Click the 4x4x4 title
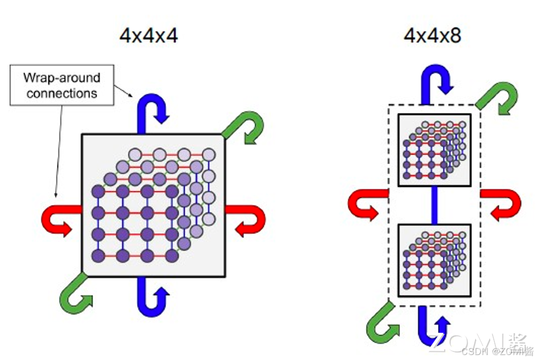click(149, 35)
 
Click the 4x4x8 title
click(433, 35)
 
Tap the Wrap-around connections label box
click(61, 85)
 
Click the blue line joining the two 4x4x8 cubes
click(434, 205)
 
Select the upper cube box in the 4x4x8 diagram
click(434, 150)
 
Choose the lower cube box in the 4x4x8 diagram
click(434, 260)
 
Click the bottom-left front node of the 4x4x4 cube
click(98, 256)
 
